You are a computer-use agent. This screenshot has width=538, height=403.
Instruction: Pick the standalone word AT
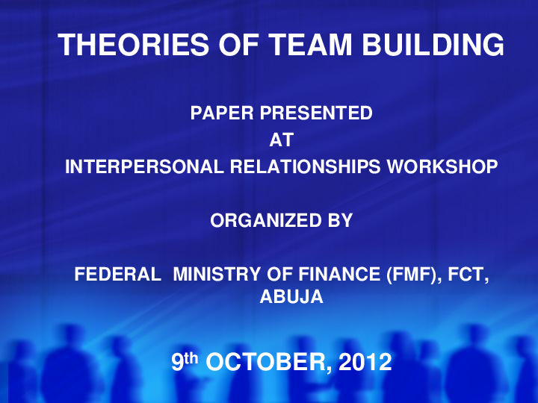(281, 140)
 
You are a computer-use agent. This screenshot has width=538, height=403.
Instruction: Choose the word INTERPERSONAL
(142, 166)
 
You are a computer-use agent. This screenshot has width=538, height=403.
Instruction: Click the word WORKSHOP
(441, 166)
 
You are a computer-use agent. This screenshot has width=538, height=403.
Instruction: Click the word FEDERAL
(117, 275)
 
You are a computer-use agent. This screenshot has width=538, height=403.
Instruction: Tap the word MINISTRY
(214, 275)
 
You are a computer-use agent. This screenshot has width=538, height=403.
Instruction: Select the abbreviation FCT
(469, 275)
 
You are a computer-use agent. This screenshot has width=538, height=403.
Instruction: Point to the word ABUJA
(291, 296)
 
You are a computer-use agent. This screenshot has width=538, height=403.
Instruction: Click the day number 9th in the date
(184, 362)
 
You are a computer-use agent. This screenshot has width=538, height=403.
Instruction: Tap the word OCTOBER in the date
(268, 363)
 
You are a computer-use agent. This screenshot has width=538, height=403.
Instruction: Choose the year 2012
(365, 363)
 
